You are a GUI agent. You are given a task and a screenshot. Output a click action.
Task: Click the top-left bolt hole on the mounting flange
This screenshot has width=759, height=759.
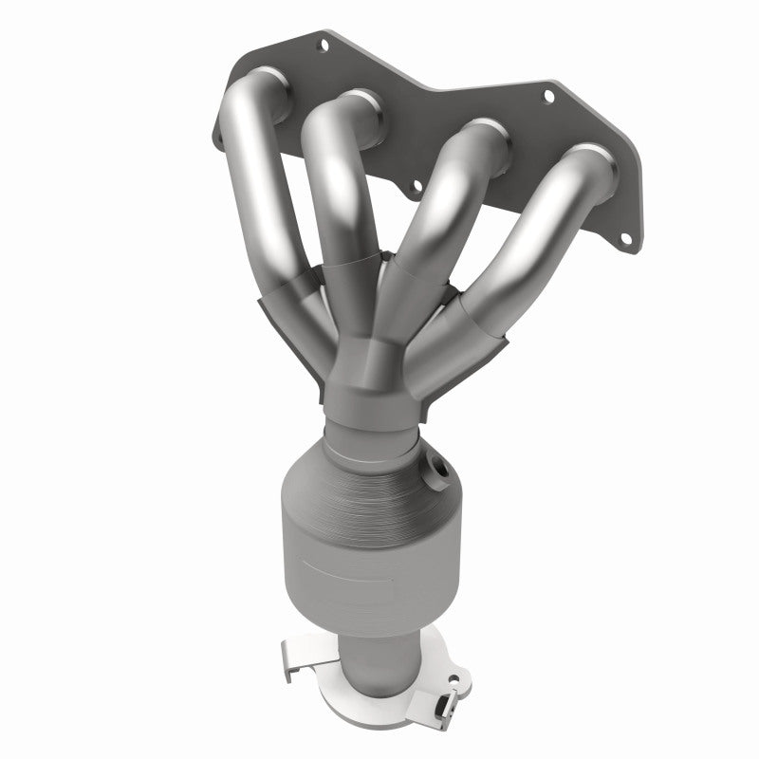[324, 43]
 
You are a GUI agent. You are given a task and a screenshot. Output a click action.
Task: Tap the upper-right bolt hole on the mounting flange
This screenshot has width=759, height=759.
[547, 95]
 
